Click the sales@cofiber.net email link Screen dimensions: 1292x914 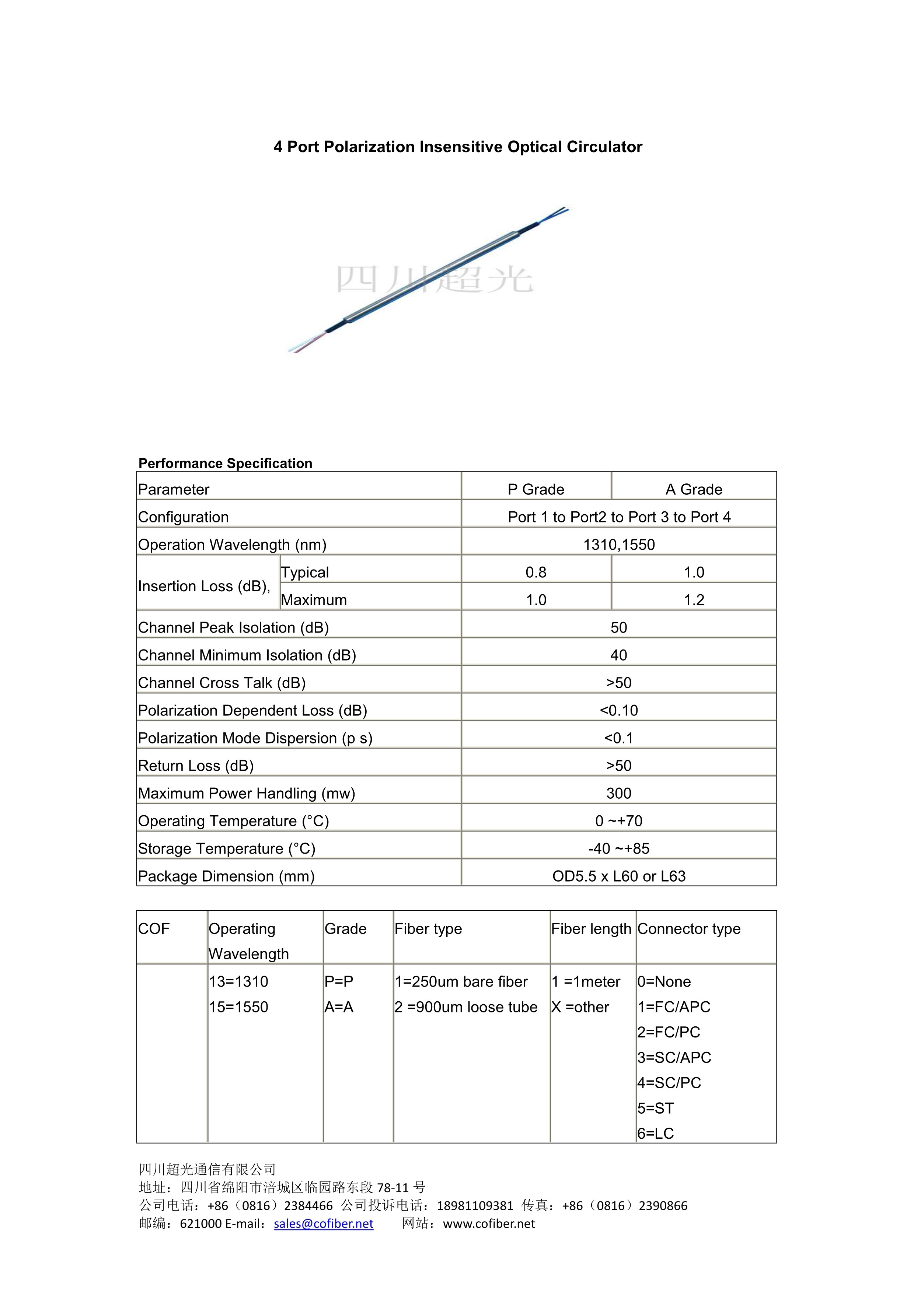pos(324,1223)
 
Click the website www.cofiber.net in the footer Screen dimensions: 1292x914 pos(489,1223)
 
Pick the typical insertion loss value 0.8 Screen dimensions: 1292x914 pos(536,572)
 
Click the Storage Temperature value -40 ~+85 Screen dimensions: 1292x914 pos(618,848)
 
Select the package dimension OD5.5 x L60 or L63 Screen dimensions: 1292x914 pos(618,876)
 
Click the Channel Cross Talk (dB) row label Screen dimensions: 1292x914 pos(222,683)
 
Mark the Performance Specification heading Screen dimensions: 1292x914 pos(225,463)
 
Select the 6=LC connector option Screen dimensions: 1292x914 pos(656,1133)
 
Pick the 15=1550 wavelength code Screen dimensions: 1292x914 pos(238,1007)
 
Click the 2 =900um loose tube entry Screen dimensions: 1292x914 pos(466,1007)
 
